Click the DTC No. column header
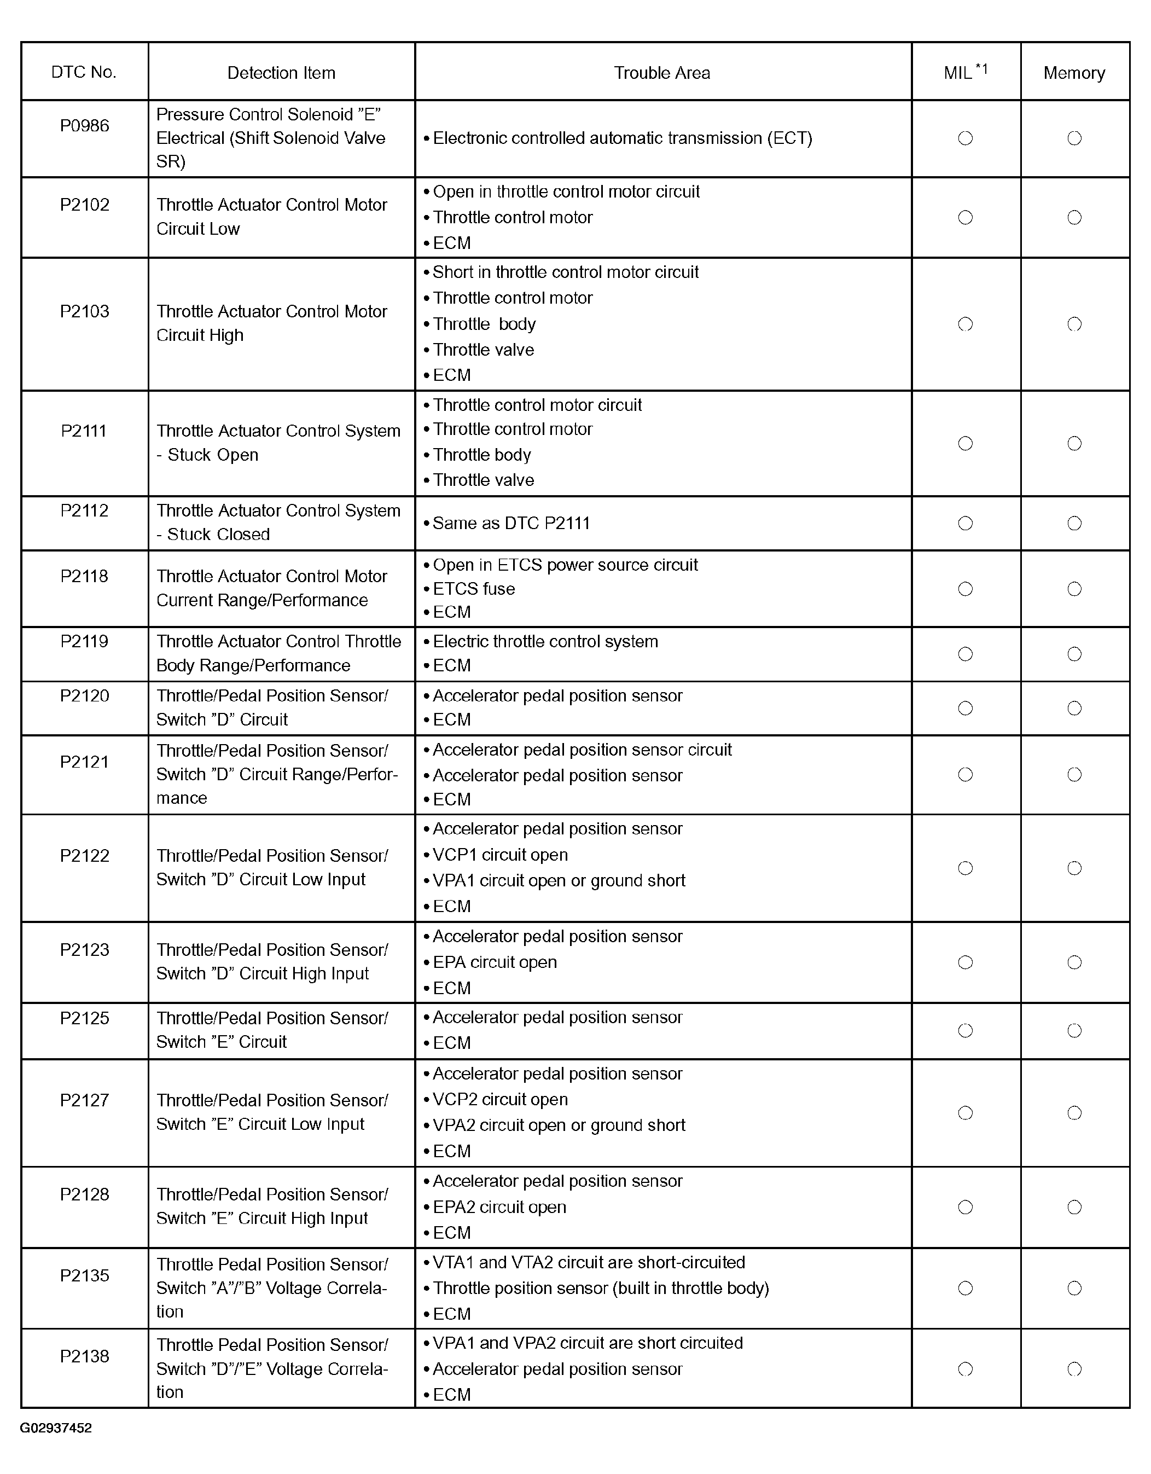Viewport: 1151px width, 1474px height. point(84,72)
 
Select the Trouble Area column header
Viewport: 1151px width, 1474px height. point(662,73)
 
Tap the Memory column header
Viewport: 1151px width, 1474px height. point(1074,73)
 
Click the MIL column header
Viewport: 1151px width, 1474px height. point(965,72)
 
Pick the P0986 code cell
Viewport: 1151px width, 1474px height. point(84,125)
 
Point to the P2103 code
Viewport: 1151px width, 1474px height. point(84,311)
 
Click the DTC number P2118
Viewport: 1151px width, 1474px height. point(84,576)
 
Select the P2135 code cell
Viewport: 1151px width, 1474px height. point(84,1275)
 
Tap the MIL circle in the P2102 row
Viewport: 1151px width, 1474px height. point(966,217)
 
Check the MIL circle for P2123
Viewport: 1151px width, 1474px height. point(966,962)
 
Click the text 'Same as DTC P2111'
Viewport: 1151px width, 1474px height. point(511,523)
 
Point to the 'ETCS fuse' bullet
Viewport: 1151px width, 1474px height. point(474,589)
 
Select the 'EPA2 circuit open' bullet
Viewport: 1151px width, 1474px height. point(499,1207)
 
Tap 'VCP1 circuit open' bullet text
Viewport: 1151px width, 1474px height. point(500,855)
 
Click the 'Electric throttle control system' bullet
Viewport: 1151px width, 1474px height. point(545,641)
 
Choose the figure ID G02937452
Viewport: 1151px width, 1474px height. point(56,1427)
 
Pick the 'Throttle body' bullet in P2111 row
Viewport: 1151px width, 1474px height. point(482,455)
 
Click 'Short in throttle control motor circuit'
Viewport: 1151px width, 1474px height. point(566,272)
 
